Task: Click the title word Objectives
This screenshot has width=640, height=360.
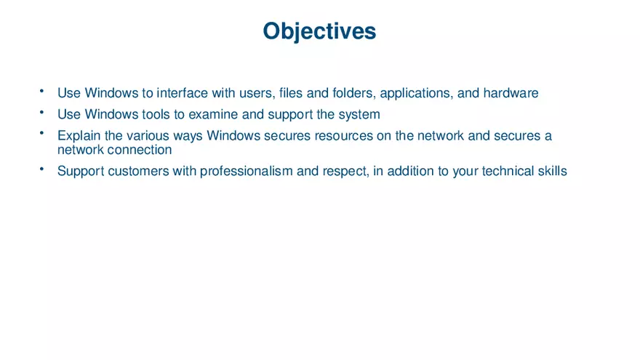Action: tap(319, 31)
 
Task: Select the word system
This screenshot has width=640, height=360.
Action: tap(359, 114)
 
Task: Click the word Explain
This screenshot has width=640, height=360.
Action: tap(79, 136)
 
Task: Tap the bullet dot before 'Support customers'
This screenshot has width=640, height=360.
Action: tap(43, 168)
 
